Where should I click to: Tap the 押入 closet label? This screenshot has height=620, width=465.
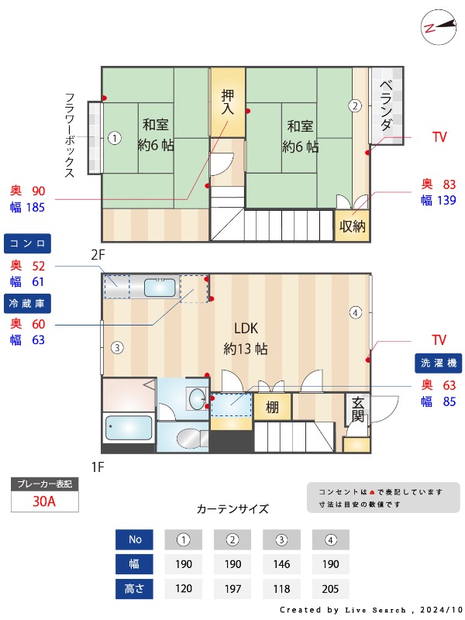pyautogui.click(x=228, y=102)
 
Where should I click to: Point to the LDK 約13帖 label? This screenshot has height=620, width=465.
pyautogui.click(x=245, y=338)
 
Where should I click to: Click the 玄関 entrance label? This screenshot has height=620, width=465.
pyautogui.click(x=357, y=408)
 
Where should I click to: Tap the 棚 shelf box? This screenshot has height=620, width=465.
pyautogui.click(x=272, y=407)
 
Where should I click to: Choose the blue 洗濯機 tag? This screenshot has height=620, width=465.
pyautogui.click(x=439, y=362)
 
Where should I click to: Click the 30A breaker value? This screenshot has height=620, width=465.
pyautogui.click(x=44, y=501)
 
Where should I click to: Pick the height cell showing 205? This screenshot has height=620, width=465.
pyautogui.click(x=330, y=589)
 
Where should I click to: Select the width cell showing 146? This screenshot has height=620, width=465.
pyautogui.click(x=282, y=563)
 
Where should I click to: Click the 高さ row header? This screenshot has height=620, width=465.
pyautogui.click(x=134, y=589)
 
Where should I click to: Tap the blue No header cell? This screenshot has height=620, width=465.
pyautogui.click(x=134, y=539)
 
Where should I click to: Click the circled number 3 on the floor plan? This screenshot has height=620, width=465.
pyautogui.click(x=115, y=347)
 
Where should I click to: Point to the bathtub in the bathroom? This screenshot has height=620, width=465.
pyautogui.click(x=128, y=427)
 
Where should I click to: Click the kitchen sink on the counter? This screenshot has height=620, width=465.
pyautogui.click(x=160, y=288)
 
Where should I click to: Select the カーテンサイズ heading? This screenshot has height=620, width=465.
pyautogui.click(x=232, y=509)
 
